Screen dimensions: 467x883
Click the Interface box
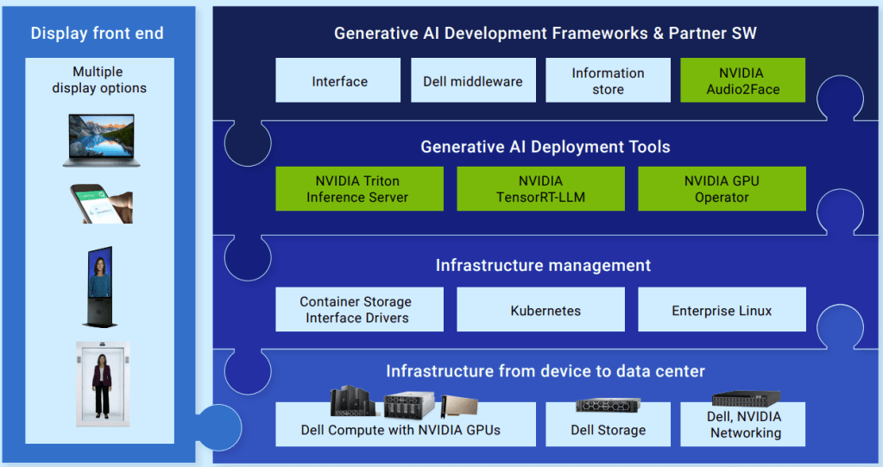[338, 81]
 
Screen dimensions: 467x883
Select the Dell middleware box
[473, 81]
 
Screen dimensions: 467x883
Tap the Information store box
[608, 81]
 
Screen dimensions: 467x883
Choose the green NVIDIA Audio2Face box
[742, 81]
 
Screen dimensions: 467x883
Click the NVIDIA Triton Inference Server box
[359, 189]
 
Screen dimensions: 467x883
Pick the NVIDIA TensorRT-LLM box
[540, 189]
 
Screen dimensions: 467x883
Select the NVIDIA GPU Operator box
[722, 189]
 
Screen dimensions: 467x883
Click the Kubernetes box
[540, 310]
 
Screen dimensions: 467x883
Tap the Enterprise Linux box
[722, 310]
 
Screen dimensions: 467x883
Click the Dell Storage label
[608, 430]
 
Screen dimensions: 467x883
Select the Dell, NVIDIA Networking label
[743, 425]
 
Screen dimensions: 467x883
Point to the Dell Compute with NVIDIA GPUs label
[401, 430]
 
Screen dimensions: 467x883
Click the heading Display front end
[97, 34]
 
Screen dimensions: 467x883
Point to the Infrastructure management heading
[543, 265]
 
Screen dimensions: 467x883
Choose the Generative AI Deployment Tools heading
[545, 147]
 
